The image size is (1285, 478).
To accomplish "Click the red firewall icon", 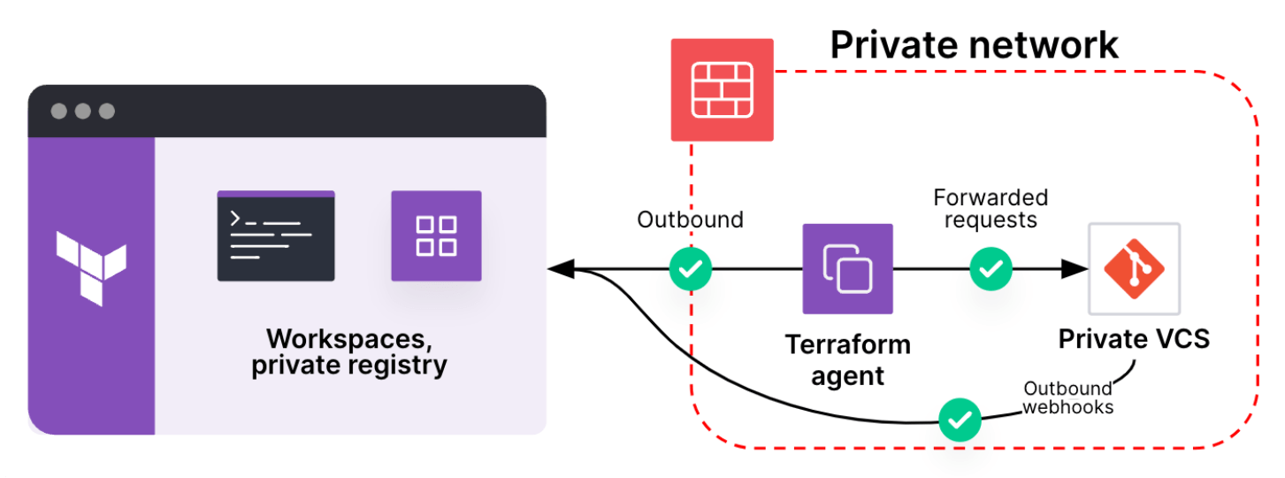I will (722, 89).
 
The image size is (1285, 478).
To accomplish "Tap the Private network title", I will (975, 44).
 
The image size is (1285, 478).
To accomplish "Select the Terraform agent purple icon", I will (847, 269).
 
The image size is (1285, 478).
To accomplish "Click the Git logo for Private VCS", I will (1134, 269).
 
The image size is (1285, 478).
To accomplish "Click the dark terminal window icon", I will (276, 236).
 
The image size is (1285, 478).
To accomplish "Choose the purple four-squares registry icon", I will (436, 235).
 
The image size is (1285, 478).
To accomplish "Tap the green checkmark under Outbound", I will (690, 269).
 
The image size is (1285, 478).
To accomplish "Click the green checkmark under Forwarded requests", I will (991, 269).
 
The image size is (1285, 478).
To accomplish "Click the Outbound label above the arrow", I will (690, 220).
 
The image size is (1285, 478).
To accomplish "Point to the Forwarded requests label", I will (991, 208).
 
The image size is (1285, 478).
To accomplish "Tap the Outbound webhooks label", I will (1067, 397).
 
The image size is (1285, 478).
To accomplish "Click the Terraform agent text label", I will (847, 359).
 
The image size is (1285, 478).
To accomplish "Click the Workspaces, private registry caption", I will (349, 351).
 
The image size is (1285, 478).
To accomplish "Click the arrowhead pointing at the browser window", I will (560, 269).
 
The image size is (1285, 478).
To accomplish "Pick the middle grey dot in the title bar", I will (83, 112).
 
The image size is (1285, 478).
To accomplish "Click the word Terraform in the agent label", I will (847, 343).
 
